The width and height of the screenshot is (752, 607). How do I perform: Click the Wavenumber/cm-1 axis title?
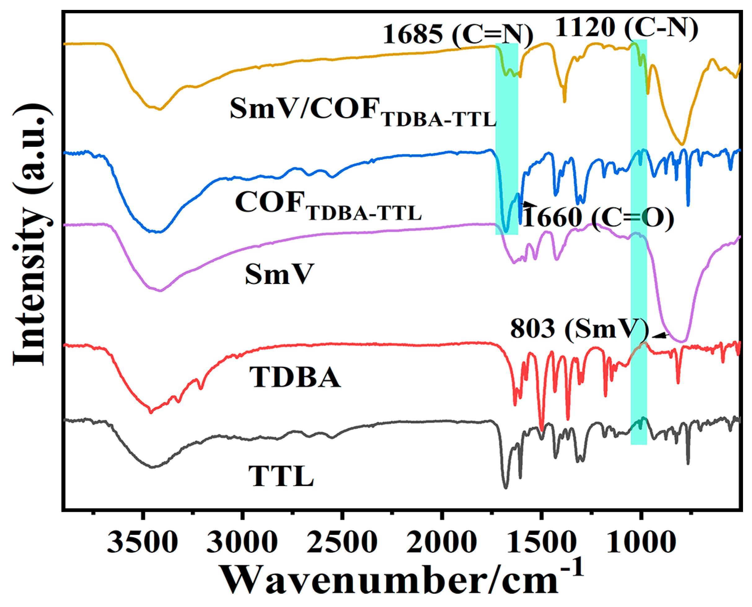point(402,580)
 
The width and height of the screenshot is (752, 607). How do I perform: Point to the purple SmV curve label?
point(279,274)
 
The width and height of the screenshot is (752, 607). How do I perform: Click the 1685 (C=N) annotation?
point(458,35)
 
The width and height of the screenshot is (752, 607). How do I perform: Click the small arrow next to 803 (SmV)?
point(660,336)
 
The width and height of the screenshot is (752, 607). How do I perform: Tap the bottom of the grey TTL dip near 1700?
point(505,487)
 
